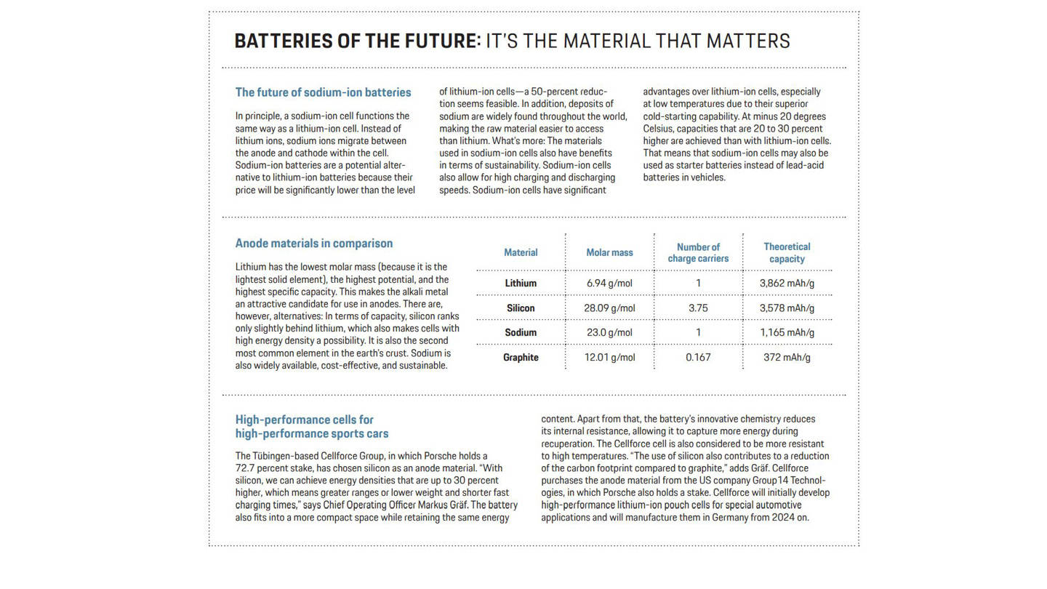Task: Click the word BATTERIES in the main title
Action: coord(284,41)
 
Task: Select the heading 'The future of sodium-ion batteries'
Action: coord(323,92)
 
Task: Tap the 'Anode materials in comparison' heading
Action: coord(313,244)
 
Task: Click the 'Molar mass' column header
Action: coord(609,253)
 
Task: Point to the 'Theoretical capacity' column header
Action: coord(787,253)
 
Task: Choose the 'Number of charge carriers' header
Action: coord(698,253)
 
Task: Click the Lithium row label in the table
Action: coord(521,284)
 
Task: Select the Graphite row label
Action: coord(521,358)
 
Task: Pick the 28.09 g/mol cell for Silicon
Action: coord(609,308)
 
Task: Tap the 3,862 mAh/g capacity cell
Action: coord(787,284)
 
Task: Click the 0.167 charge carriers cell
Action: coord(698,358)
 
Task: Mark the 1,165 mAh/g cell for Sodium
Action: coord(787,333)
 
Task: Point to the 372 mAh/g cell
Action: coord(787,358)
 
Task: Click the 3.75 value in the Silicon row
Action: coord(698,308)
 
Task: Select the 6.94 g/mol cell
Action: coord(609,284)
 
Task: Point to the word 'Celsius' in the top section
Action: coord(659,129)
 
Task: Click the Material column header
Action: coord(521,253)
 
